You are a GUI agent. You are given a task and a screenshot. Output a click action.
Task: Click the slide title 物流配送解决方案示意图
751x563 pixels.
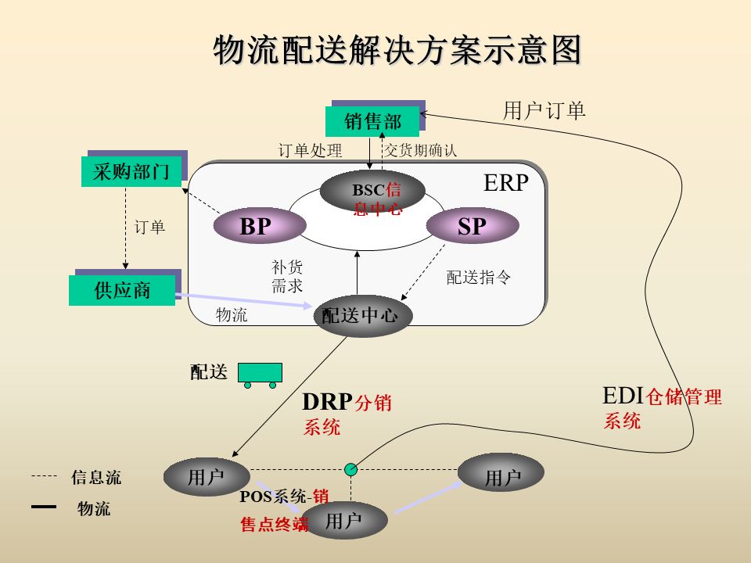click(398, 51)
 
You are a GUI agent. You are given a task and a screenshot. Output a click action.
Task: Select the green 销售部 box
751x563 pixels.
click(372, 121)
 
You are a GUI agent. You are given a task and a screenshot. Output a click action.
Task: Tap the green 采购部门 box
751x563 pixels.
click(131, 172)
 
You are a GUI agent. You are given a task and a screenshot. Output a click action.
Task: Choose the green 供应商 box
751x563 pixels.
click(121, 290)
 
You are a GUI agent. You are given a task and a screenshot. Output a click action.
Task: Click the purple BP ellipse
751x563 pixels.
click(257, 227)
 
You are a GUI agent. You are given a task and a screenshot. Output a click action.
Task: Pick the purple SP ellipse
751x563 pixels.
click(473, 227)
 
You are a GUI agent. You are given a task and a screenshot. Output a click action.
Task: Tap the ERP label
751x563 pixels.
click(506, 183)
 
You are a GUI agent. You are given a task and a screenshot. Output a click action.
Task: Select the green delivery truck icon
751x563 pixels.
click(260, 372)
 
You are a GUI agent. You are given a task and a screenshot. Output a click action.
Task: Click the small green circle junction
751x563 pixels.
click(351, 469)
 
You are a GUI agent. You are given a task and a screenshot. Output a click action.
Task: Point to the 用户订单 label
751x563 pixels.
click(544, 111)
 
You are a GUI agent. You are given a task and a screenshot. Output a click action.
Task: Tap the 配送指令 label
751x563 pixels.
click(479, 278)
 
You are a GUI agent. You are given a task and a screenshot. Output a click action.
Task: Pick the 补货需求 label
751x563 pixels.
click(287, 276)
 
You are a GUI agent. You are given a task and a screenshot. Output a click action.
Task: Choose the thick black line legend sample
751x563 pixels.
click(44, 507)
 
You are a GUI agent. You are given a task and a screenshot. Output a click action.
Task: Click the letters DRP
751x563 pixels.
click(327, 402)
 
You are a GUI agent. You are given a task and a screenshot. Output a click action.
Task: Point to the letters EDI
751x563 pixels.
click(623, 395)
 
